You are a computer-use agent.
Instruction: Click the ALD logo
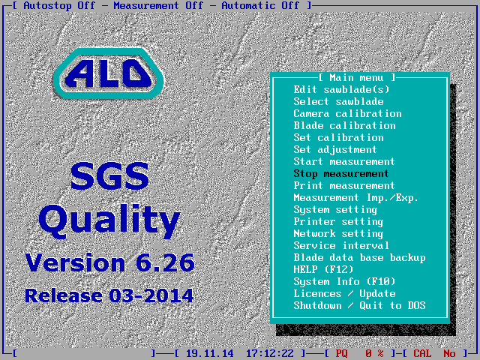click(x=109, y=73)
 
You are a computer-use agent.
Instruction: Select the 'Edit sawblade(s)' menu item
click(x=341, y=90)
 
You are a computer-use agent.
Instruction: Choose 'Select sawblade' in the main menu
click(x=338, y=102)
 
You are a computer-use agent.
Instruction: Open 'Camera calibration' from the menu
click(x=347, y=113)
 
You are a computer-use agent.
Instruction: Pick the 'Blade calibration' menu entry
click(x=344, y=125)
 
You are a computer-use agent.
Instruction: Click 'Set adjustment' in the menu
click(x=335, y=150)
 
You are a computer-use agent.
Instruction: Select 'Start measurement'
click(x=344, y=162)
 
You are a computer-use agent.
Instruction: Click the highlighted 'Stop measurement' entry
click(x=341, y=174)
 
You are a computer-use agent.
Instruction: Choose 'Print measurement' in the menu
click(x=344, y=185)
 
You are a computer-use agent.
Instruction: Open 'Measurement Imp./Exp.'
click(x=356, y=198)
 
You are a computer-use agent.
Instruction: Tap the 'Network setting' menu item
click(x=338, y=234)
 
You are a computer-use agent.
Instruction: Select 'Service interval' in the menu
click(x=341, y=245)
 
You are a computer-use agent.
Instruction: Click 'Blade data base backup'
click(x=359, y=258)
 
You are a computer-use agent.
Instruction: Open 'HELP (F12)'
click(x=323, y=270)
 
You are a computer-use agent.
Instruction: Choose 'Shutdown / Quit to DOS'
click(x=359, y=305)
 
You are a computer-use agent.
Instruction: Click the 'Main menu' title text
click(x=356, y=78)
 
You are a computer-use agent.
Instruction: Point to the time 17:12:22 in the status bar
click(x=270, y=354)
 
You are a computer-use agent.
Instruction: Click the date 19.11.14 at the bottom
click(x=210, y=354)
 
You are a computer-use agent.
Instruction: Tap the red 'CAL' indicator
click(x=422, y=354)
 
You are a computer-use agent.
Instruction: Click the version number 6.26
click(x=165, y=262)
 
